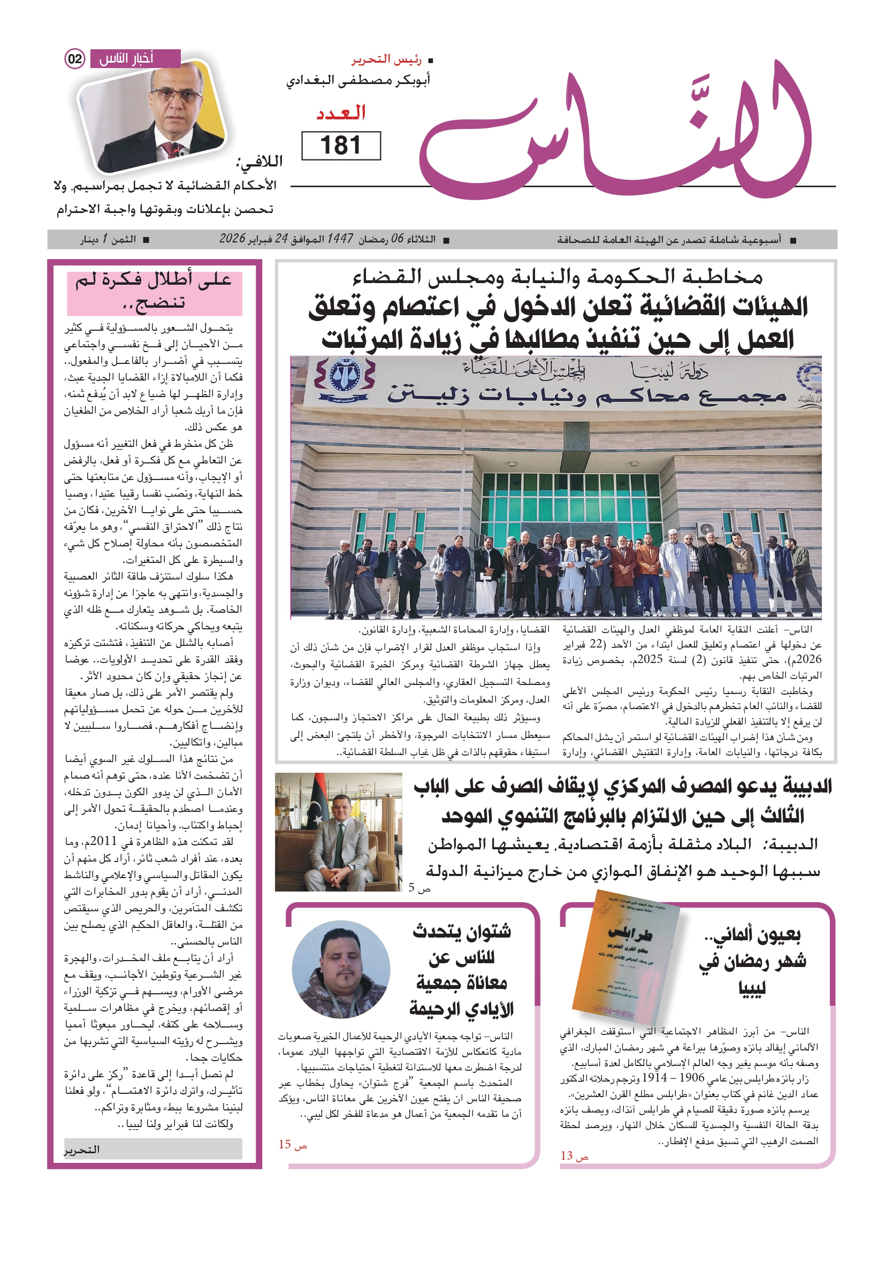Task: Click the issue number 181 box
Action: tap(341, 146)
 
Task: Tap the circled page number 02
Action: tap(75, 59)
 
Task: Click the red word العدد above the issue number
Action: tap(341, 113)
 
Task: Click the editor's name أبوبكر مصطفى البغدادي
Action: tap(358, 80)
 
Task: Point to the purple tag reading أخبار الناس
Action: tap(134, 58)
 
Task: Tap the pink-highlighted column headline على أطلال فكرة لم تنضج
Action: tap(154, 291)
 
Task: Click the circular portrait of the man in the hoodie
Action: tap(341, 970)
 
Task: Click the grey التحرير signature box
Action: tap(152, 1149)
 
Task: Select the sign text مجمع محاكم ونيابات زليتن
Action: tap(586, 395)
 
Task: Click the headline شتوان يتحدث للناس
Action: tap(461, 970)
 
